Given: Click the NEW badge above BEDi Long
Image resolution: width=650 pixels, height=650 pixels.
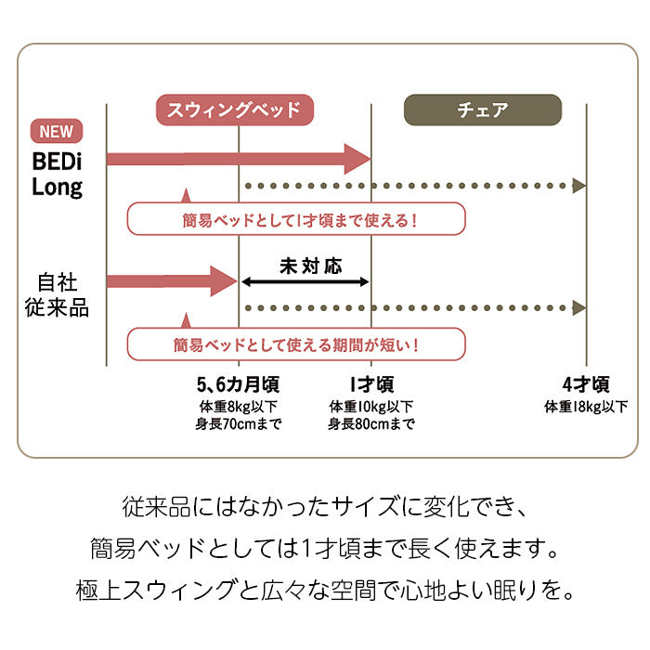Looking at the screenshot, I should (x=57, y=132).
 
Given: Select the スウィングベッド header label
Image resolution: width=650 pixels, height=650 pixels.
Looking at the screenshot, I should (x=234, y=110).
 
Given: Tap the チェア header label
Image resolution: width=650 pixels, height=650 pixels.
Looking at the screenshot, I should (x=483, y=110).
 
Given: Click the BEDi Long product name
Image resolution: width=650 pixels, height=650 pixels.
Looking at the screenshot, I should (x=58, y=174).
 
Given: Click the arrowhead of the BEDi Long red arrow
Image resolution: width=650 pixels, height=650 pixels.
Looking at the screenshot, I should (x=358, y=159).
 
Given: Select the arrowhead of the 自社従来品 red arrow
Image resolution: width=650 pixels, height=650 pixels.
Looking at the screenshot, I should (x=225, y=280).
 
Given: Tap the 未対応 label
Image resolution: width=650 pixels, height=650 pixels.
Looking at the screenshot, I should (x=310, y=266).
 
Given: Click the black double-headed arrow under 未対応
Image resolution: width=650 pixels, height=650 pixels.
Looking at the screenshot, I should (x=305, y=281).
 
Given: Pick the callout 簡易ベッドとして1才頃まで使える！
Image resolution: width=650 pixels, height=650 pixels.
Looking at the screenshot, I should (x=295, y=220).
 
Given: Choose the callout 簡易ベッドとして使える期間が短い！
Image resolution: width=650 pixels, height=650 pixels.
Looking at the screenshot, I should (x=295, y=344).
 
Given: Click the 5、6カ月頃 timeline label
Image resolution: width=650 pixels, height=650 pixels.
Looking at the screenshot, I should (x=238, y=384).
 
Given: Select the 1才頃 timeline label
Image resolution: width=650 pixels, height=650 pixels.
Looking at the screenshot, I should (x=371, y=384).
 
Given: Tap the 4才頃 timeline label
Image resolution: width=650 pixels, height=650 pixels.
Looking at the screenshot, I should (x=586, y=384).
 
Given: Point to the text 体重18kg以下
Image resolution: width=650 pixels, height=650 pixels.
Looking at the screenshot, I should (x=586, y=407).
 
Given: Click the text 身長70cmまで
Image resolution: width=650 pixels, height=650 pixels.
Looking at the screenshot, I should (x=238, y=424).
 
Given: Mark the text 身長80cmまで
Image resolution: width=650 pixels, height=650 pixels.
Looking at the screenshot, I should (x=371, y=424).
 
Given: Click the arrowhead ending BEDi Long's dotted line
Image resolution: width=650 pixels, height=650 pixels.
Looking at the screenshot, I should (x=579, y=186).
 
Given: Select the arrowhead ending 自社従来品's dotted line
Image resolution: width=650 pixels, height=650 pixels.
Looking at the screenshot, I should (x=579, y=307).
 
